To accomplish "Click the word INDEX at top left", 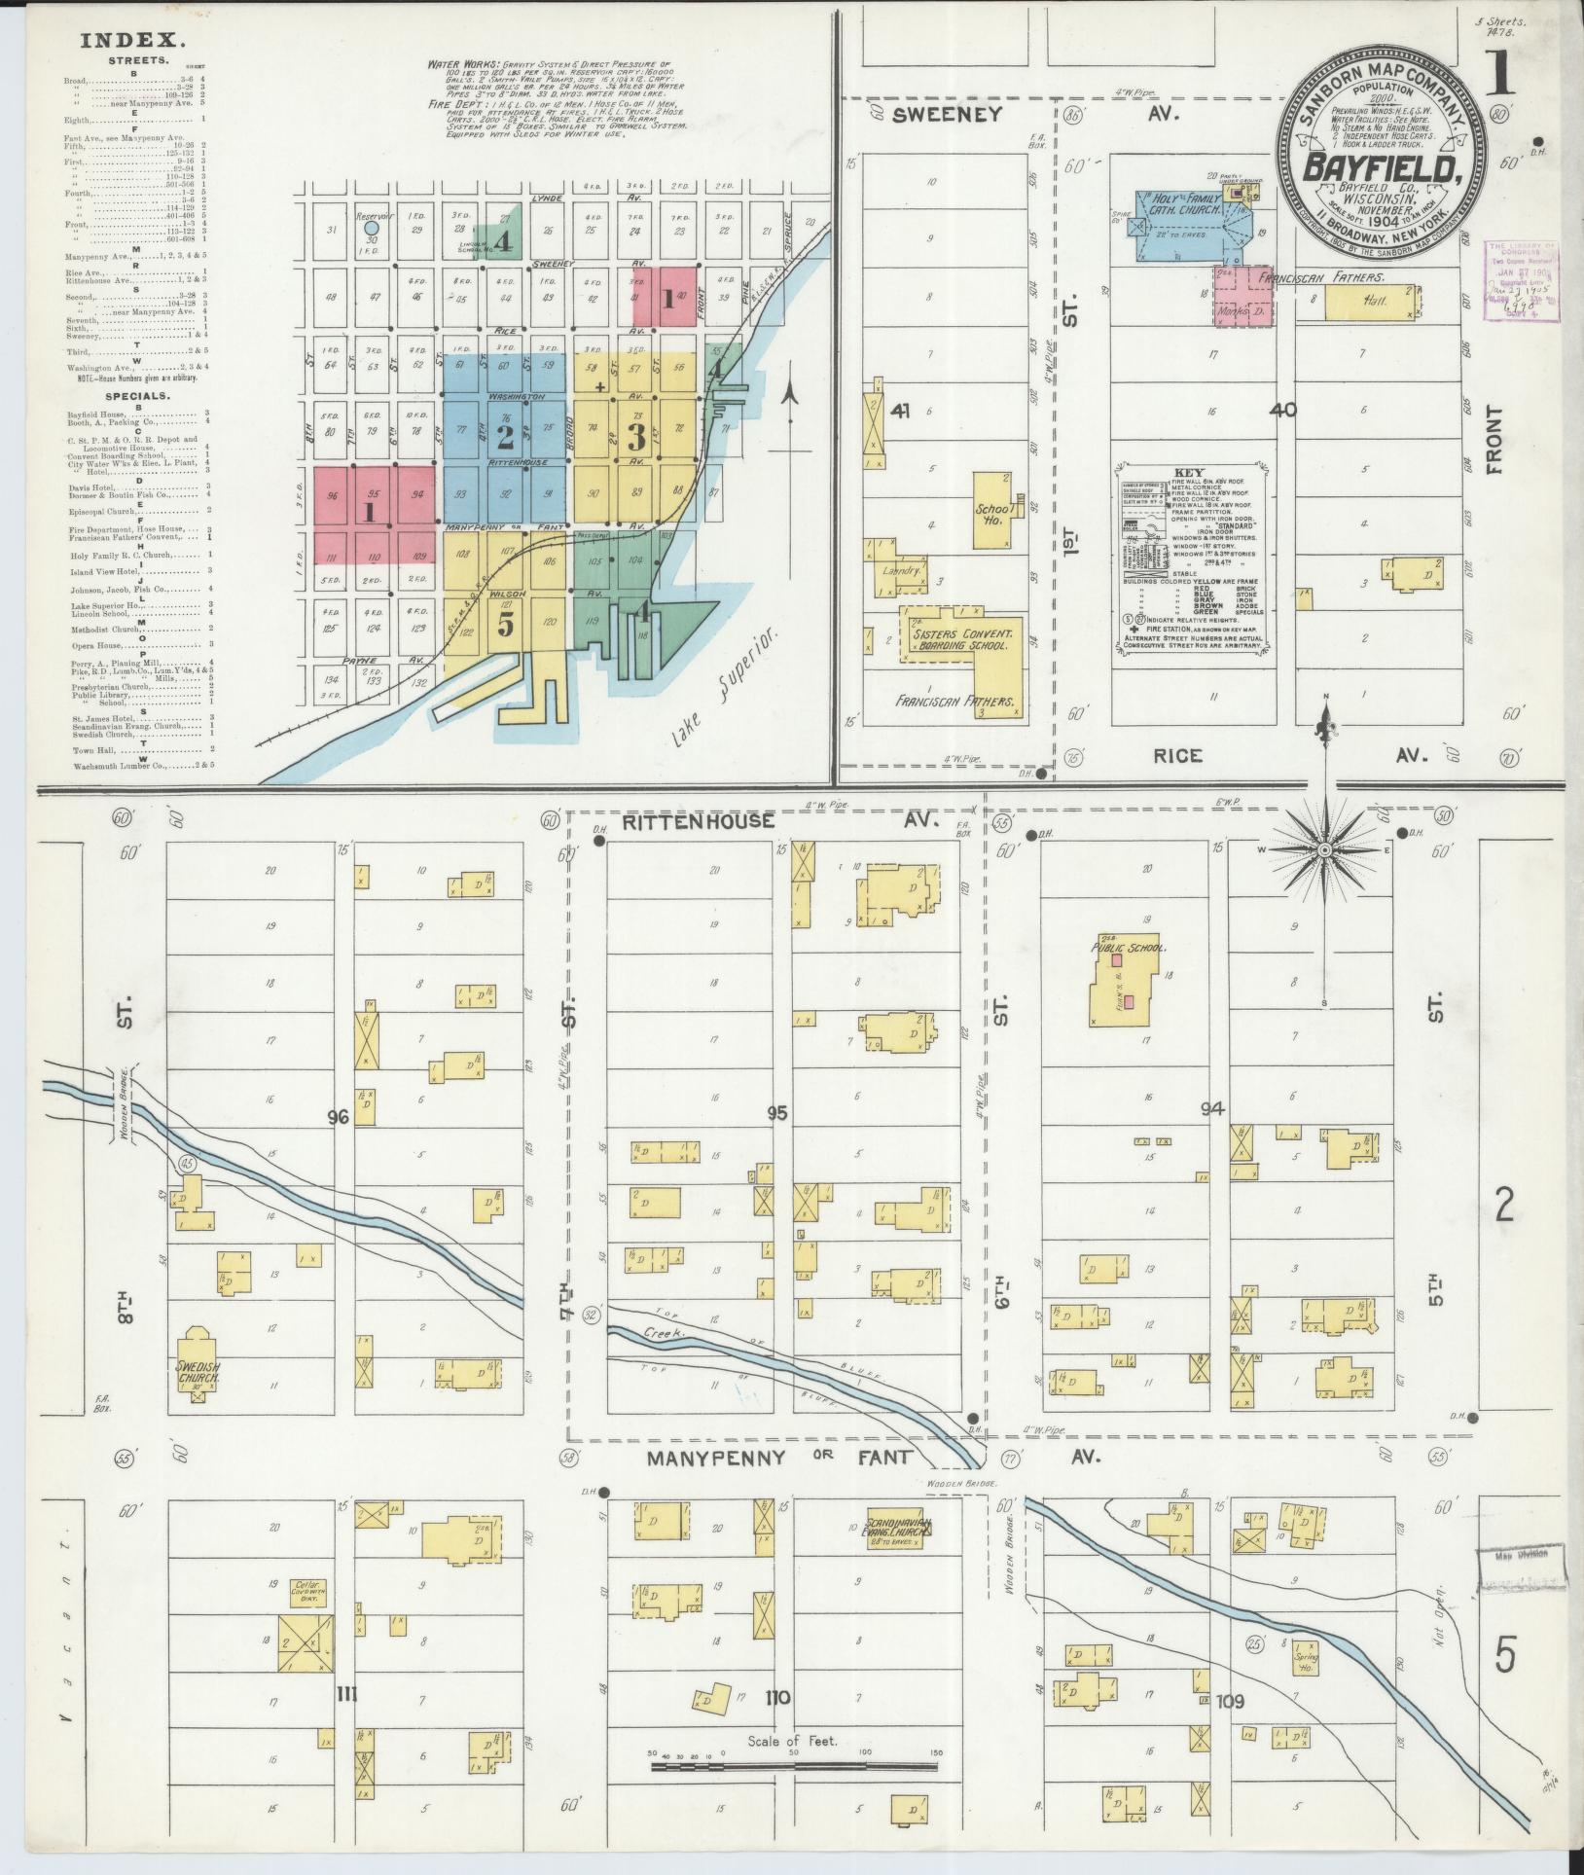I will coord(132,40).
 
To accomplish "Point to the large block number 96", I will coord(338,1118).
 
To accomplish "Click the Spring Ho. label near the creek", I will coord(1305,1658).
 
